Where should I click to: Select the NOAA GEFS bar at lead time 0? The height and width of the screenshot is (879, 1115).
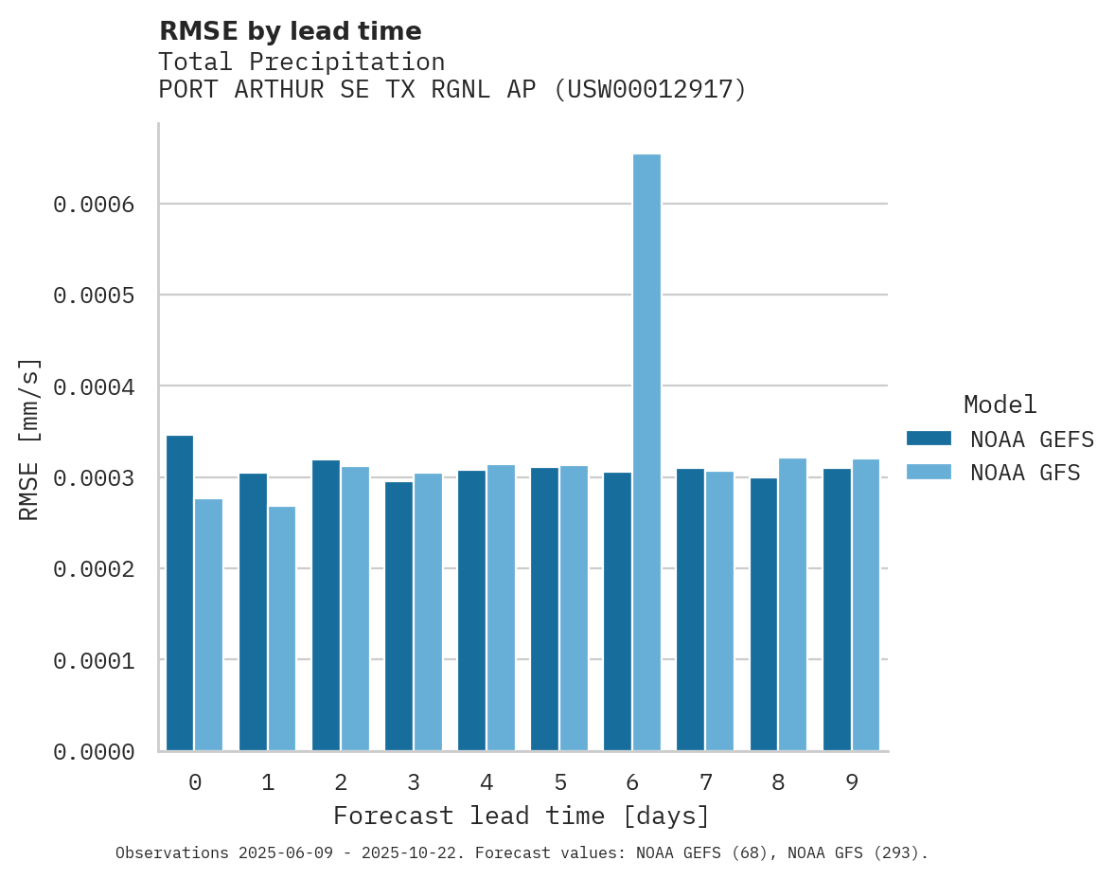pyautogui.click(x=180, y=593)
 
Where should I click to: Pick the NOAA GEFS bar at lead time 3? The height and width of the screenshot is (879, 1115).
pyautogui.click(x=398, y=616)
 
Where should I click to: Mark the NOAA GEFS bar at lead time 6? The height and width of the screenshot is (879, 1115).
pyautogui.click(x=617, y=611)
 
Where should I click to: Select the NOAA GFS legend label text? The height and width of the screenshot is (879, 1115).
pyautogui.click(x=1025, y=472)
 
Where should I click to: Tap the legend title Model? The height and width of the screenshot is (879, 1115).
pyautogui.click(x=1000, y=404)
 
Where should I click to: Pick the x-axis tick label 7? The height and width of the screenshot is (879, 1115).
pyautogui.click(x=705, y=782)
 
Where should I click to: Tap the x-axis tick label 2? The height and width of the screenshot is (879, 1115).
pyautogui.click(x=341, y=782)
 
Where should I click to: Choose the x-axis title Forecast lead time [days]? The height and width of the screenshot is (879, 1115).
pyautogui.click(x=522, y=816)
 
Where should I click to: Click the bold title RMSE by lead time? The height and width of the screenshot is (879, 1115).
pyautogui.click(x=290, y=31)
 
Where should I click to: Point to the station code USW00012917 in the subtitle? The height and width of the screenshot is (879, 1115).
pyautogui.click(x=649, y=90)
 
